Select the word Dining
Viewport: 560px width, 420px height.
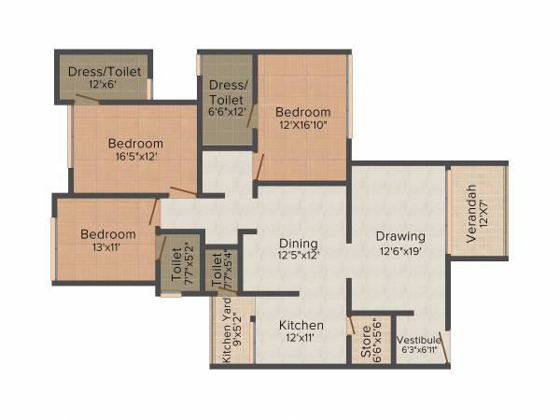click(x=299, y=243)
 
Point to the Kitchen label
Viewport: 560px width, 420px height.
click(x=302, y=325)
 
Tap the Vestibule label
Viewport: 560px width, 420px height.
click(x=418, y=340)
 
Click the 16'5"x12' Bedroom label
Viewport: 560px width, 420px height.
click(x=135, y=143)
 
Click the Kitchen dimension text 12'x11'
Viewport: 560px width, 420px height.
click(x=302, y=339)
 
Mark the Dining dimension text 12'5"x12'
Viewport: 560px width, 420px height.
click(x=299, y=256)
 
